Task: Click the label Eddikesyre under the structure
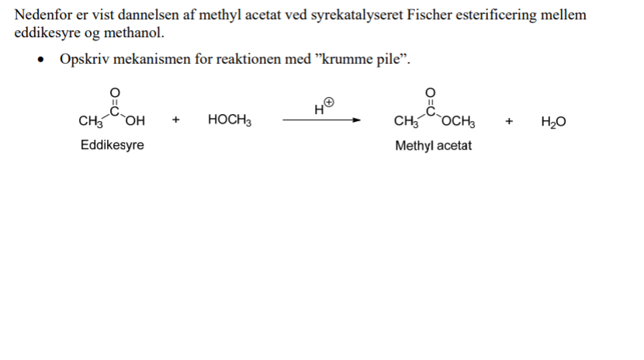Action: [112, 145]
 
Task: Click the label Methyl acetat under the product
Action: [433, 145]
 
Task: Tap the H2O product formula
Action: [553, 121]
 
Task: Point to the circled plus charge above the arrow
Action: [329, 102]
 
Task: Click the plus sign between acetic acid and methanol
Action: [176, 120]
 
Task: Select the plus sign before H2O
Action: [509, 120]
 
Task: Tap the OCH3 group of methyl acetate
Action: [459, 121]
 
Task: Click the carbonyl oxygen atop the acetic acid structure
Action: [114, 92]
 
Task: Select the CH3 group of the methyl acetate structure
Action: [405, 121]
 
